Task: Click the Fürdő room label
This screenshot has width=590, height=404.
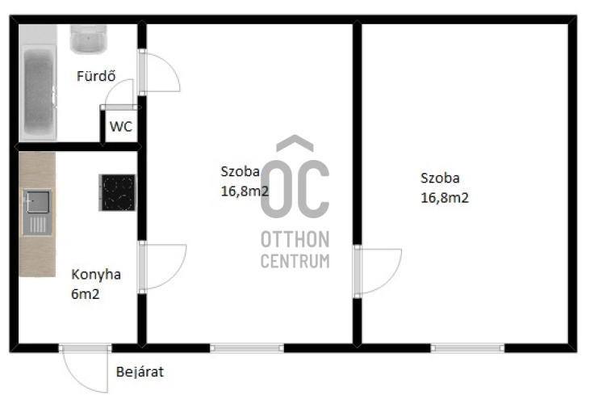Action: [96, 76]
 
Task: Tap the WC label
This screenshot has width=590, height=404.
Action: [121, 127]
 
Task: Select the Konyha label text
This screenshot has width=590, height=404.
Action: [96, 275]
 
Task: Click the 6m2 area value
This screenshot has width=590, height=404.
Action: [86, 293]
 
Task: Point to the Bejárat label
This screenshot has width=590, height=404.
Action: [140, 372]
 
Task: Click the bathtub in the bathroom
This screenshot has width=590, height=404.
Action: [39, 91]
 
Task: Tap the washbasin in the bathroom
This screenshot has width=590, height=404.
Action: [88, 39]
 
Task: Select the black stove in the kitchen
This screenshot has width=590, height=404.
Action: [117, 192]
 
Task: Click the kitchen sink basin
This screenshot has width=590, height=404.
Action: [38, 202]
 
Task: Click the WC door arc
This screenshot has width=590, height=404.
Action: [112, 87]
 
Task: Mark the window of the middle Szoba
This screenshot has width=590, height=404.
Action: [247, 348]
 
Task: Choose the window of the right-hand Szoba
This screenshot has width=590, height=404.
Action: [467, 348]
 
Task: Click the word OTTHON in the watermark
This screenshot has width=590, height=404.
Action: [295, 239]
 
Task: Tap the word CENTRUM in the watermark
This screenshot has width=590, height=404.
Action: [295, 261]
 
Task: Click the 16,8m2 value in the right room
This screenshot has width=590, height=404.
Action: [445, 198]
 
